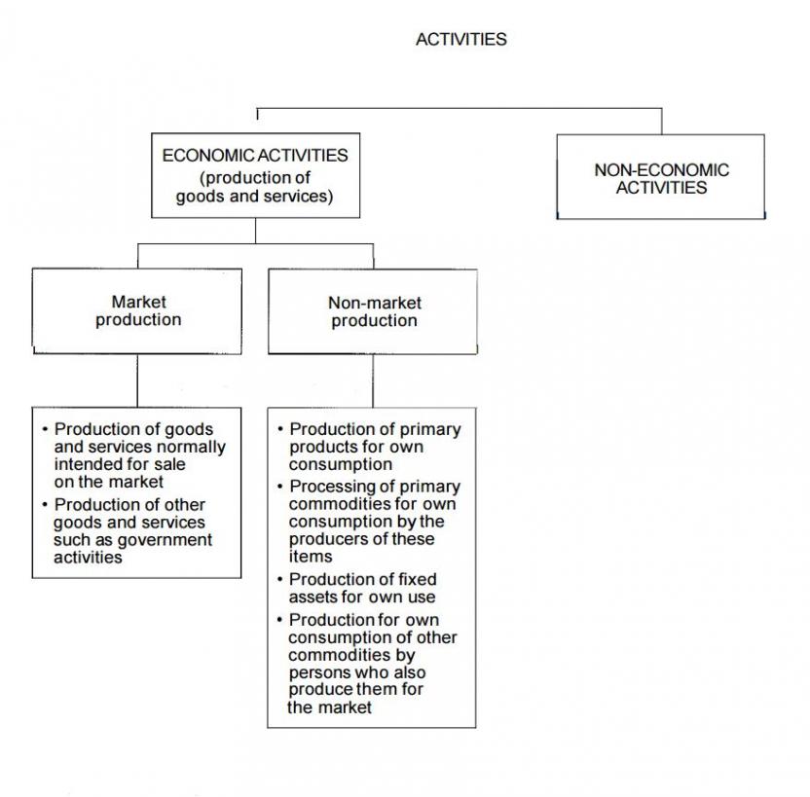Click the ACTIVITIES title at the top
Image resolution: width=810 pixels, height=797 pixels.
tap(460, 40)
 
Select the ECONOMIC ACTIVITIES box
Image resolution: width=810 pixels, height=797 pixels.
tap(255, 175)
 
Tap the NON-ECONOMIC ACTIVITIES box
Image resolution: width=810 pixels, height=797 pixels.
tap(661, 178)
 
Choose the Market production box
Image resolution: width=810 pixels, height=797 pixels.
tap(137, 310)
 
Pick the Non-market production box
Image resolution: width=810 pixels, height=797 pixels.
tap(373, 311)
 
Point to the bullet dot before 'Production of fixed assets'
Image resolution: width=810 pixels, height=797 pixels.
tap(280, 580)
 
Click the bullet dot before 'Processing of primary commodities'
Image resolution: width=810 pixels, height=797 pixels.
tap(280, 487)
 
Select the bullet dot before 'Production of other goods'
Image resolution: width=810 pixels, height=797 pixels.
tap(45, 505)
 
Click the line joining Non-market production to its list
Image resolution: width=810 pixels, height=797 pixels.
tap(373, 380)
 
